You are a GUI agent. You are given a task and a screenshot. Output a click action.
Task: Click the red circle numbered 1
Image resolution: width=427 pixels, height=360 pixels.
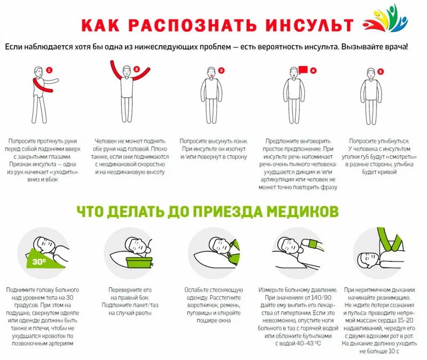click(49, 70)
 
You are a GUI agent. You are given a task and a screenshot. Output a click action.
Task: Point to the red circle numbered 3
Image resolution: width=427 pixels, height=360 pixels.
click(221, 70)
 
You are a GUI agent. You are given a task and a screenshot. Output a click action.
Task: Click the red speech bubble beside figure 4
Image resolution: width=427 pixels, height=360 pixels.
click(303, 69)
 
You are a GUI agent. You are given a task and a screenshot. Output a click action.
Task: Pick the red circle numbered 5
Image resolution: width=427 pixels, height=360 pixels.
click(380, 71)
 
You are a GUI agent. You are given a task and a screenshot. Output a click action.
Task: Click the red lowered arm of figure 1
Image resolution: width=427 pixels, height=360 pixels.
click(41, 86)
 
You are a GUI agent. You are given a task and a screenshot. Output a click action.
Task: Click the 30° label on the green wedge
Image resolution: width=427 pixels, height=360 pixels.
click(38, 261)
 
